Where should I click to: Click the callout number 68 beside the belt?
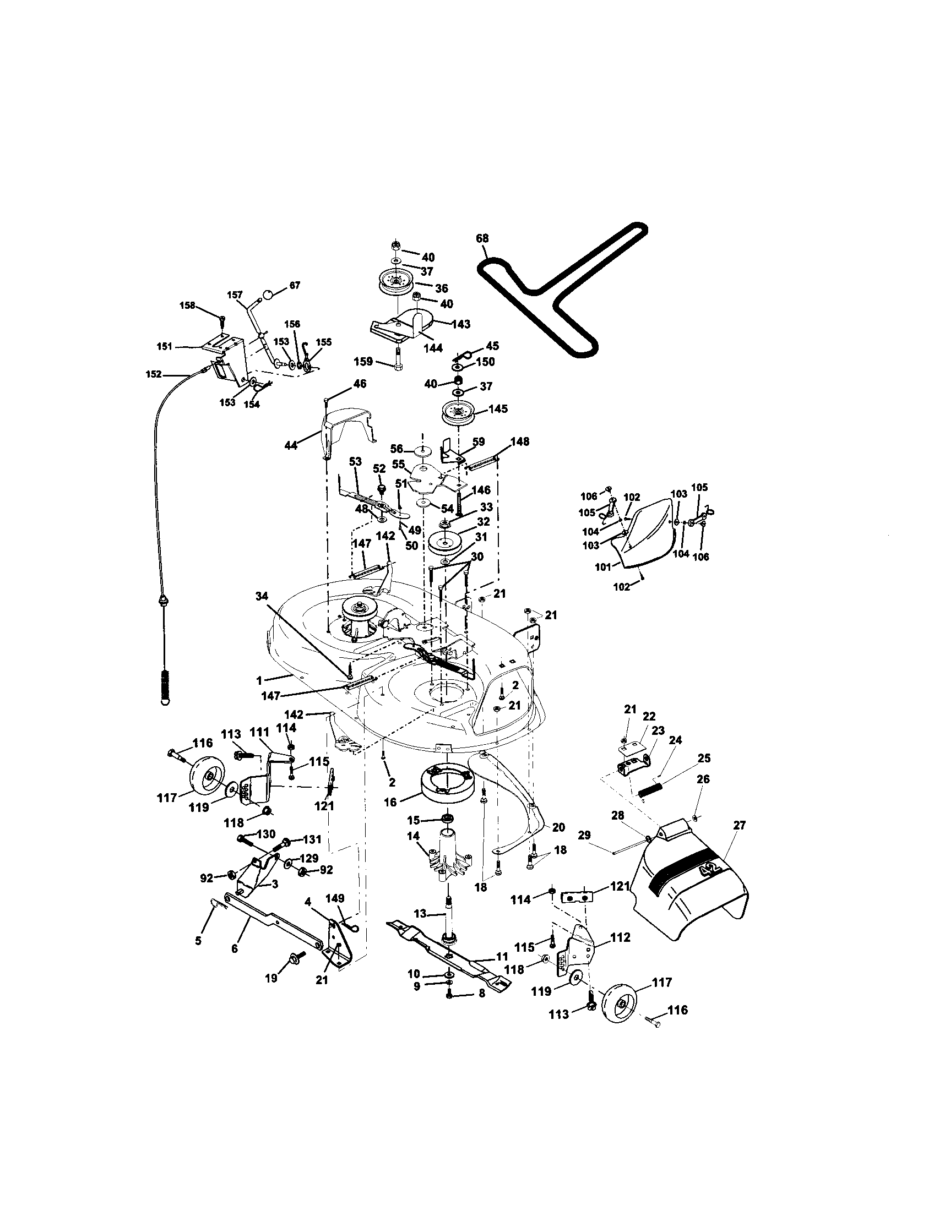(x=482, y=238)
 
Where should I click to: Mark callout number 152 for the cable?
(x=154, y=374)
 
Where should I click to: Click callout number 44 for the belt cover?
(x=291, y=445)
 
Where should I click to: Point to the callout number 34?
(x=262, y=596)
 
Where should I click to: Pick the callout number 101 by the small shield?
(x=602, y=566)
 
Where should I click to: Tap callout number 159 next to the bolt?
(x=364, y=362)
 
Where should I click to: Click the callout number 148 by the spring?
(x=520, y=441)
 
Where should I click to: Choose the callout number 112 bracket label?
(x=620, y=937)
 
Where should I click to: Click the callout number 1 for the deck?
(x=259, y=679)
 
